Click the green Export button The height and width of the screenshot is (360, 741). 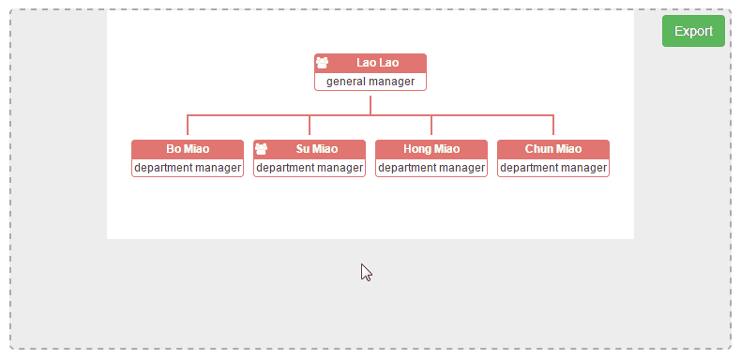coord(693,31)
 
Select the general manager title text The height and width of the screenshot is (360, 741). coord(370,82)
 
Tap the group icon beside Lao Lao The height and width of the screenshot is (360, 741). coord(322,63)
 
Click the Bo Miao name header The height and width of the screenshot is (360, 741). coord(188,149)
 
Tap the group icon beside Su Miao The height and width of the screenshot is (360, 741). coord(261,149)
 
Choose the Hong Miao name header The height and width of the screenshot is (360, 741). coord(431,149)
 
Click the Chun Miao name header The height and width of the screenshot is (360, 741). coord(553,149)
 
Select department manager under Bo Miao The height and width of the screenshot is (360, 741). coord(188,168)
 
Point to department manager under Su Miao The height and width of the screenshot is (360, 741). coord(310,168)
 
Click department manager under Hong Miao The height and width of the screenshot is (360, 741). coord(431,168)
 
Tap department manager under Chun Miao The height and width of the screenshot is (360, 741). coord(553,168)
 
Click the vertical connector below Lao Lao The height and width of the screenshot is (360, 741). coord(370,105)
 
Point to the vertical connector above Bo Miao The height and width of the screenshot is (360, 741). coord(188,125)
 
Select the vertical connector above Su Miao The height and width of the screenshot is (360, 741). coord(310,125)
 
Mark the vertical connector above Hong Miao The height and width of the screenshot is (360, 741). coord(431,125)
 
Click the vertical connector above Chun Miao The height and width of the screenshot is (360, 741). coord(553,125)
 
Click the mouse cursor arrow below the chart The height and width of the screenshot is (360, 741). coord(366,272)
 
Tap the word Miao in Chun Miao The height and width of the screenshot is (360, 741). coord(567,149)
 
